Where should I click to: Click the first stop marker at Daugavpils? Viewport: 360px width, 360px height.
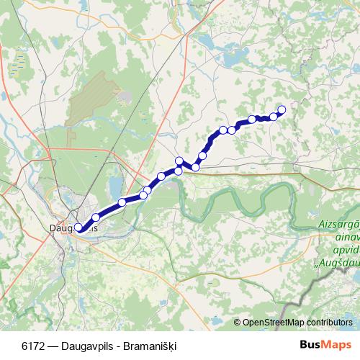[78, 228]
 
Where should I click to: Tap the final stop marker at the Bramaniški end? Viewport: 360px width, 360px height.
[282, 109]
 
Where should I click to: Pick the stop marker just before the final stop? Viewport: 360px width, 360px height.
[274, 116]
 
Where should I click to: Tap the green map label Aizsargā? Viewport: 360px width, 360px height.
[339, 225]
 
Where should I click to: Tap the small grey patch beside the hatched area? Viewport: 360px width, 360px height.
[125, 96]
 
